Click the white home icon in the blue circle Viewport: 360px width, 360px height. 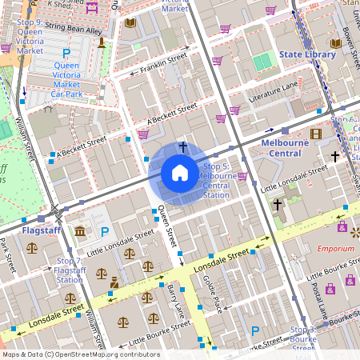(x=179, y=173)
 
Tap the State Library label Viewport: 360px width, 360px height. (x=307, y=54)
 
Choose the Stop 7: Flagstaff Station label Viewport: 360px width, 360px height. (x=70, y=270)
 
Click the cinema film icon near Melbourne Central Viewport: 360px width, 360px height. (x=315, y=134)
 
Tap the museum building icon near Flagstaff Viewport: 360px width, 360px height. (x=81, y=232)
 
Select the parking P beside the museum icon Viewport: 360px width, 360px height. (x=105, y=232)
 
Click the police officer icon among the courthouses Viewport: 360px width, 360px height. (x=114, y=282)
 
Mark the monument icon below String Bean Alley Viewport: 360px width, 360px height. (x=102, y=42)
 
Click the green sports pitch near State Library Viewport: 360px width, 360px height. (x=262, y=62)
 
